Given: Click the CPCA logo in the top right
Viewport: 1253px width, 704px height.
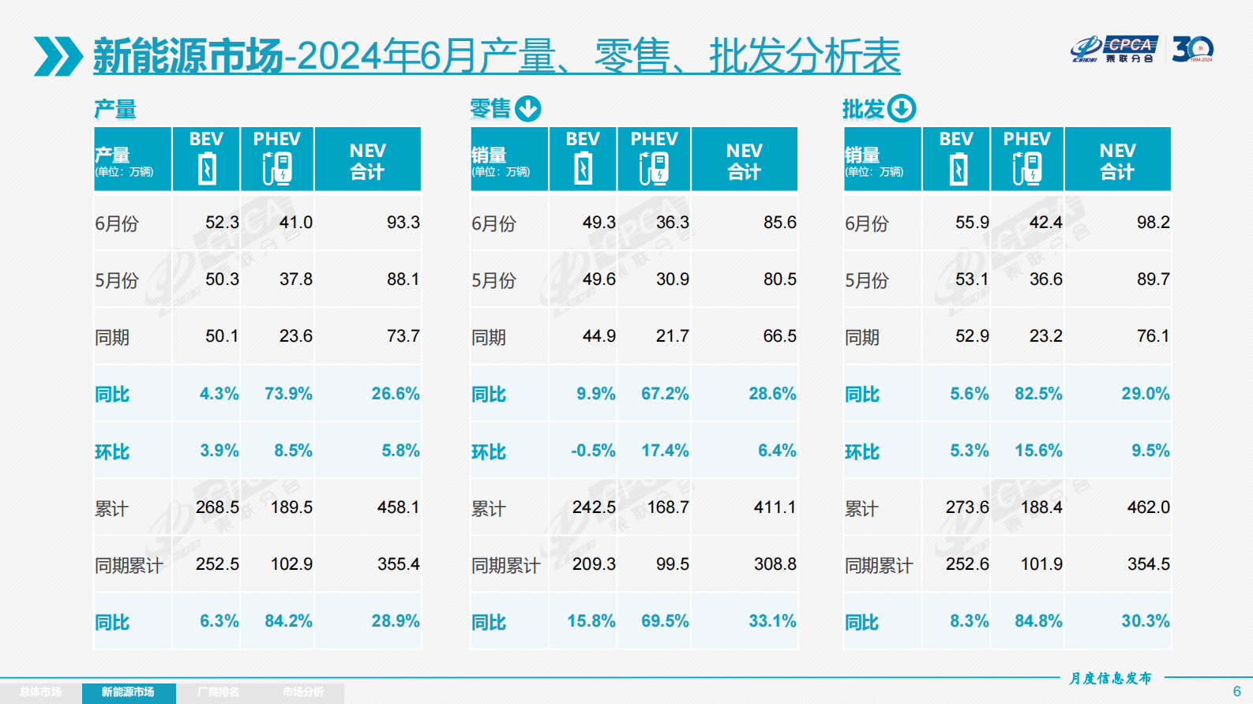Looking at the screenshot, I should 1115,49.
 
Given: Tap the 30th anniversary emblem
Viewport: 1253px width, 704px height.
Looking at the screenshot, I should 1192,49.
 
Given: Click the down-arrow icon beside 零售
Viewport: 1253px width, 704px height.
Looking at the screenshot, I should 528,108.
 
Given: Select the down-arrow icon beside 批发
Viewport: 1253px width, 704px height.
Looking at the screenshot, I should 902,108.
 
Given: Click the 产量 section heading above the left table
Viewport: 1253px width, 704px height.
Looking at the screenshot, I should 115,109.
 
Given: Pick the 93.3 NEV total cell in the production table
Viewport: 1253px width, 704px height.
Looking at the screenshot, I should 403,223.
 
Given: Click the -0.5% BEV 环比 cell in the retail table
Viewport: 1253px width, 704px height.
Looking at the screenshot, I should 593,451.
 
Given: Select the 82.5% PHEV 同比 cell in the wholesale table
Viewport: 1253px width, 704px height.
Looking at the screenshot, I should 1038,394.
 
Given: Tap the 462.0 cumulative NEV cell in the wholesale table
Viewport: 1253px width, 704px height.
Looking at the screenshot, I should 1148,507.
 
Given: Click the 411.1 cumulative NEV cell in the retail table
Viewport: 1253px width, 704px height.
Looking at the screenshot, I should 775,507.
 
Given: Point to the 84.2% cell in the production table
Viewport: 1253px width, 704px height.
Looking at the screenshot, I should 288,621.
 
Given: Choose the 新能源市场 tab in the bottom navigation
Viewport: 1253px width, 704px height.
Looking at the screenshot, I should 128,692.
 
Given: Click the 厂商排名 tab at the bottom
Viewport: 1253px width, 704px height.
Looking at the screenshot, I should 218,692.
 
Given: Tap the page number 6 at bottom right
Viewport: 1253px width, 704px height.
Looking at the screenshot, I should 1236,691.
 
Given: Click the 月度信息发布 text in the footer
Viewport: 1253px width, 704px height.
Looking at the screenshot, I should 1111,678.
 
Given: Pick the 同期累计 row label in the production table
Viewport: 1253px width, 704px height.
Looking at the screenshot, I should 129,565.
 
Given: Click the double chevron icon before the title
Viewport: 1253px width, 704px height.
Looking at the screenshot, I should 58,56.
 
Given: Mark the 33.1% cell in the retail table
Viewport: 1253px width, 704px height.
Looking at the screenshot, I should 772,621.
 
